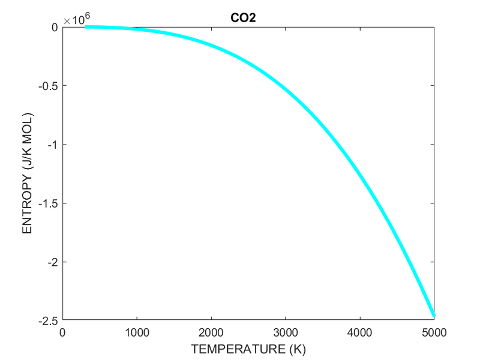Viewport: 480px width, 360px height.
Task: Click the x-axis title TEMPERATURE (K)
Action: [x=248, y=347]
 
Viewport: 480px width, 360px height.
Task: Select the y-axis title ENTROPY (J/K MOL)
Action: [x=27, y=173]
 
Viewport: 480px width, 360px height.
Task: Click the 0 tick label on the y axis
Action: [x=54, y=27]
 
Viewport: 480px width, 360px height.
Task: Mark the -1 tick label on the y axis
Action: [x=52, y=145]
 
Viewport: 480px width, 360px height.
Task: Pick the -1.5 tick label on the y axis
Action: [x=48, y=203]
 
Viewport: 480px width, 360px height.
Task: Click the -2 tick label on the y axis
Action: [x=52, y=262]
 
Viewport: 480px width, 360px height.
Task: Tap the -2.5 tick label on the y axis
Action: [x=48, y=320]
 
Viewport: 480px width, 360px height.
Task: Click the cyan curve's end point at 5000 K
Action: [x=434, y=316]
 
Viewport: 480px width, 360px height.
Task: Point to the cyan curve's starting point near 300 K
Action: [x=85, y=27]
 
